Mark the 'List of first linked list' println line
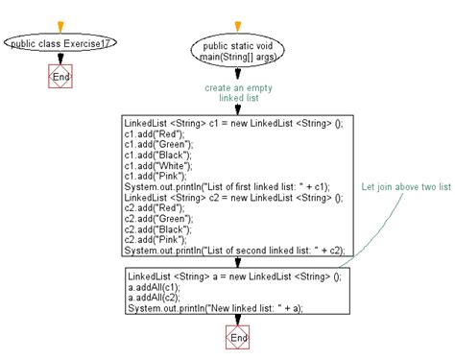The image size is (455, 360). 229,186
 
